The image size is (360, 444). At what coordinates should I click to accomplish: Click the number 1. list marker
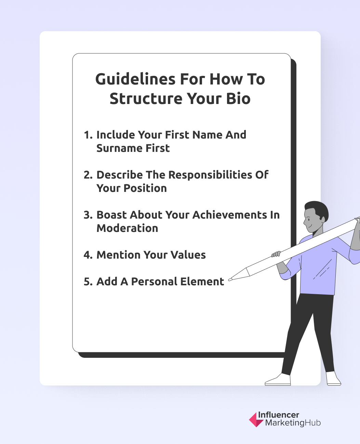[x=88, y=135]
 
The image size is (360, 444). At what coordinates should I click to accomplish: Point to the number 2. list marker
[x=88, y=175]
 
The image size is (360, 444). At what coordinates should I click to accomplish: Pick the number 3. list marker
[x=88, y=215]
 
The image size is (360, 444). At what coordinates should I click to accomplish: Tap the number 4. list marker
[x=88, y=255]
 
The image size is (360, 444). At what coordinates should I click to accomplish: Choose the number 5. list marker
[x=88, y=282]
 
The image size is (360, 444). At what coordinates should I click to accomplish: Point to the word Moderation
[x=127, y=228]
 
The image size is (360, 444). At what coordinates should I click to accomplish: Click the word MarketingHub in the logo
[x=293, y=423]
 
